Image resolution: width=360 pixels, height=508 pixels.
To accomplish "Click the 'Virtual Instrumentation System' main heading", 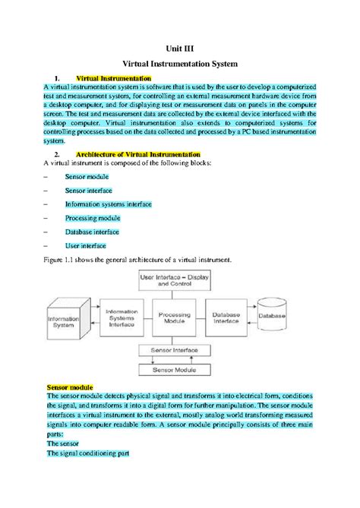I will pyautogui.click(x=179, y=66).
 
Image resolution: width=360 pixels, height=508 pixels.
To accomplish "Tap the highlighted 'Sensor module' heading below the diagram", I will pyautogui.click(x=71, y=387).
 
